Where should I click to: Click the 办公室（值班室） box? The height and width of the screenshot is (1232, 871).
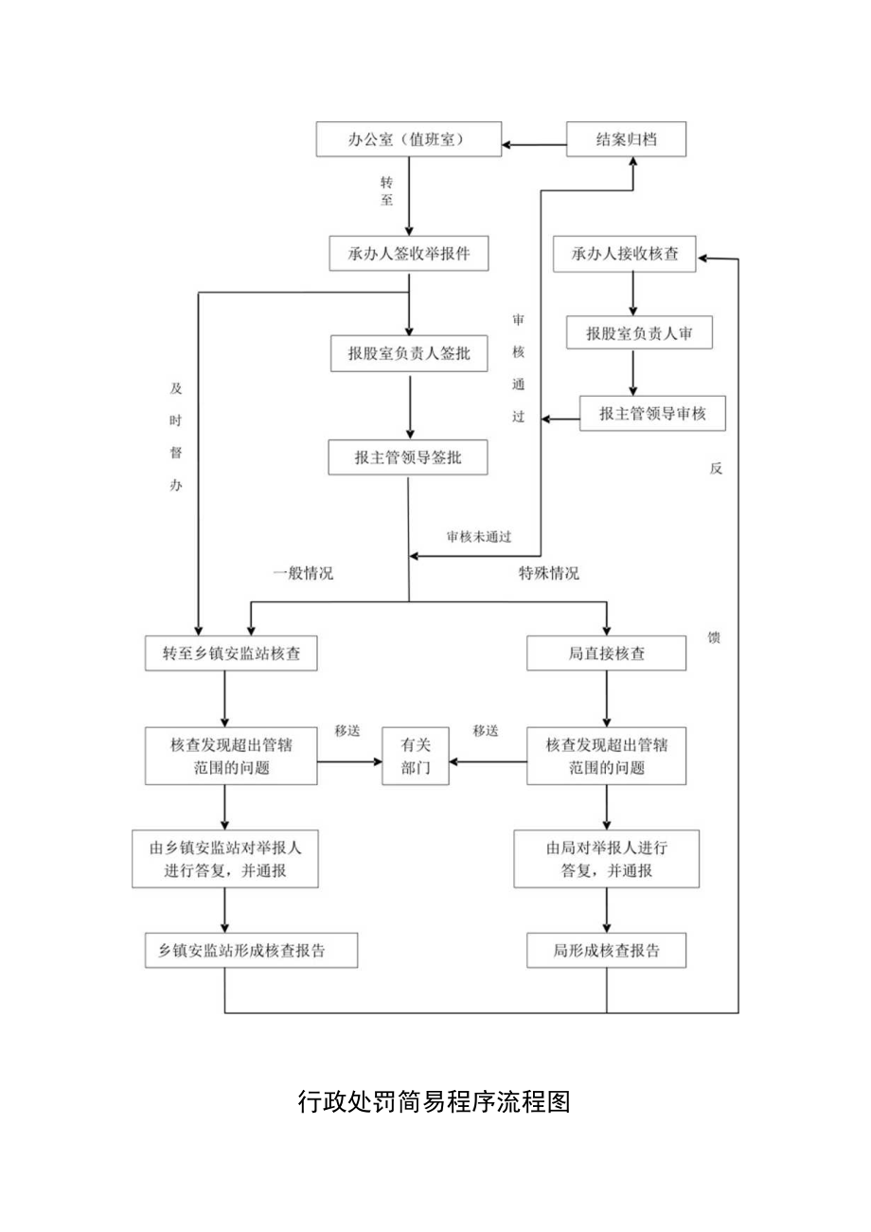[x=407, y=140]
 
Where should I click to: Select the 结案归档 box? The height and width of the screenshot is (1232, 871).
[x=626, y=140]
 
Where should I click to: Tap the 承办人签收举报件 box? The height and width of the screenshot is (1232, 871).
[x=408, y=254]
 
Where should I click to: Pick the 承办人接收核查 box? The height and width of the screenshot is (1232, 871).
[x=624, y=254]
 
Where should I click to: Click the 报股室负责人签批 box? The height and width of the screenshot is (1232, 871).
[x=408, y=355]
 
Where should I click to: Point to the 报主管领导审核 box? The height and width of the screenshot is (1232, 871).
[x=651, y=414]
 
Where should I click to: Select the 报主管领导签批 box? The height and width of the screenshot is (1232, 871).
[x=408, y=457]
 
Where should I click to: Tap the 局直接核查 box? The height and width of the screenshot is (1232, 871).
[x=606, y=653]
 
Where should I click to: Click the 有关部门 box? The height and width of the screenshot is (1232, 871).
[x=415, y=756]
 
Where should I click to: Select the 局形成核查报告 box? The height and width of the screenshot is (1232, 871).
[x=606, y=951]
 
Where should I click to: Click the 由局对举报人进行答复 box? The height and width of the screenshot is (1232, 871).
[x=606, y=859]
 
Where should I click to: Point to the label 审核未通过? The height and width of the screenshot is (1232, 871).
[x=479, y=537]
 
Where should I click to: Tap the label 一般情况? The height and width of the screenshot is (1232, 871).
[x=303, y=573]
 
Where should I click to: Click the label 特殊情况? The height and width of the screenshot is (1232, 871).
[x=548, y=573]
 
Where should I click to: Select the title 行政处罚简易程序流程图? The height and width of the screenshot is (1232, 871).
[x=435, y=1102]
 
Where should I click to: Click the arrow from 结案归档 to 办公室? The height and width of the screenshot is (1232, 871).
[x=534, y=144]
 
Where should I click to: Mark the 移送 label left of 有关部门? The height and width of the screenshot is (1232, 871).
[x=347, y=731]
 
